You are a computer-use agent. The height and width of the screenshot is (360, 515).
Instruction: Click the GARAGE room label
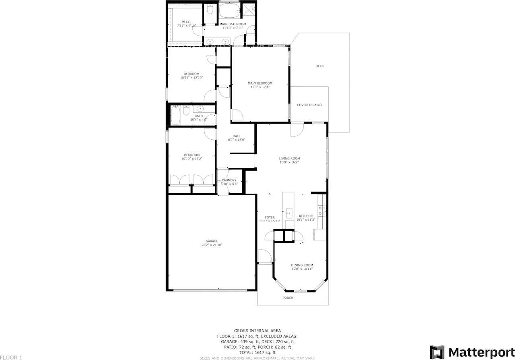212,241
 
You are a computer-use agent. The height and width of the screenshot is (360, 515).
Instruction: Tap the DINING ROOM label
302,265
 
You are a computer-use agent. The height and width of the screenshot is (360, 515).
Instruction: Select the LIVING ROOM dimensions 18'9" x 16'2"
289,163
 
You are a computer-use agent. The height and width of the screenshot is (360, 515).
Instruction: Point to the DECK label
319,66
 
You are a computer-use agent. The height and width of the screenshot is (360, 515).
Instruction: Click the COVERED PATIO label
309,105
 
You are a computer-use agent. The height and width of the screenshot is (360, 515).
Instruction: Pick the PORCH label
288,298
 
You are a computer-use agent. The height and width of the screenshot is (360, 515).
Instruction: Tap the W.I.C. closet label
186,22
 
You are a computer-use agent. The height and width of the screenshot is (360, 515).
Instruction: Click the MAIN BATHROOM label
233,24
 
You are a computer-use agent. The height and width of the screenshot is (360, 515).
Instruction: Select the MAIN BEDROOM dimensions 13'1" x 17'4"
260,87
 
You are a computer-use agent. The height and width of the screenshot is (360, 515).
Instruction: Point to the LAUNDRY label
229,180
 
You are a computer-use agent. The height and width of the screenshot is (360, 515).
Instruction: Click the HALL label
236,136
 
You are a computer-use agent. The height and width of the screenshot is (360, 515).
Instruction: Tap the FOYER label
270,217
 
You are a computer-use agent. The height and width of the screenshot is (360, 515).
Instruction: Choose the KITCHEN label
305,216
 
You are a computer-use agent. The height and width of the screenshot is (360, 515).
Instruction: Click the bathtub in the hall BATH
175,115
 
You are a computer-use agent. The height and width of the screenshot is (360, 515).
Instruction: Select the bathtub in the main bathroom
229,10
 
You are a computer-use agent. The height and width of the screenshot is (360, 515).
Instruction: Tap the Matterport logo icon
437,352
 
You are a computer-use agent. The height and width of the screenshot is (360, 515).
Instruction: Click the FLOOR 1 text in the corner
11,357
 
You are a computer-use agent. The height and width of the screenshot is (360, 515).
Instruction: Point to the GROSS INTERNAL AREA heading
257,331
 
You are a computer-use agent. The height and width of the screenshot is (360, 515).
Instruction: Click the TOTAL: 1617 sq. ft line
257,352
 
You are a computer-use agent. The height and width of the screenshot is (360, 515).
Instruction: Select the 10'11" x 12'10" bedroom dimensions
192,77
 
